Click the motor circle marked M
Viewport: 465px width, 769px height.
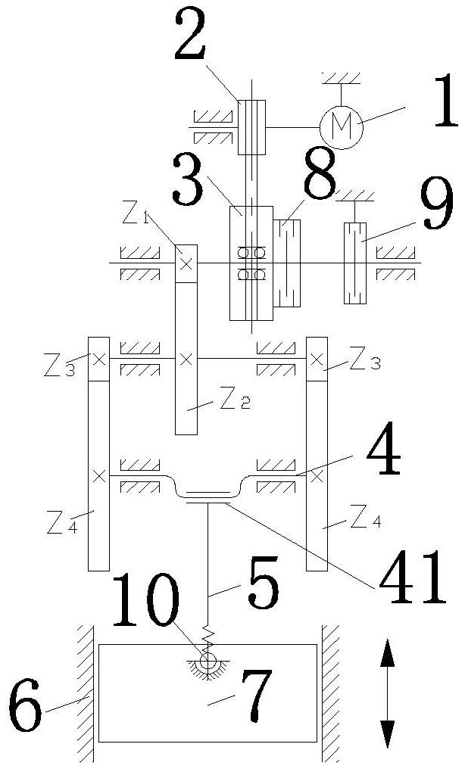[341, 127]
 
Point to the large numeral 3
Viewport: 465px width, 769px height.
[187, 180]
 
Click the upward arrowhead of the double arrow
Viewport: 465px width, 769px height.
[388, 652]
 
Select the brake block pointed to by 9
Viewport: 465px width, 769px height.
[355, 263]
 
